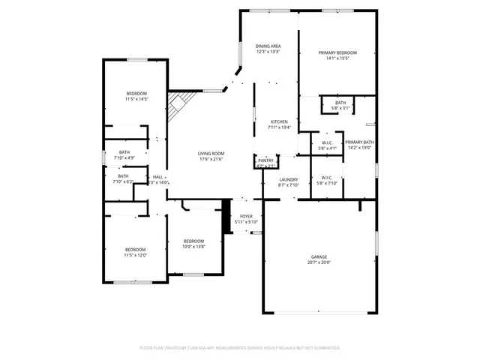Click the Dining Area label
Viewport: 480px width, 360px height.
[x=268, y=46]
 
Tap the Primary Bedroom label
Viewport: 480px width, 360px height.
[x=337, y=52]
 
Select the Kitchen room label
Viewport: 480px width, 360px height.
[x=279, y=121]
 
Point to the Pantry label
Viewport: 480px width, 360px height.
[x=266, y=160]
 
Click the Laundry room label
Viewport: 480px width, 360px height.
[x=289, y=179]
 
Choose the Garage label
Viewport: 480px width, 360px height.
[x=319, y=256]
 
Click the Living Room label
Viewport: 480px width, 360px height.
[x=211, y=154]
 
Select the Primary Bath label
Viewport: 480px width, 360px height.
[x=359, y=142]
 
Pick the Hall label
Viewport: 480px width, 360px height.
[x=157, y=177]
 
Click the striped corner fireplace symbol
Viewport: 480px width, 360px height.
[x=178, y=105]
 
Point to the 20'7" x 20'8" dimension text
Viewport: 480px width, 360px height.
[x=319, y=262]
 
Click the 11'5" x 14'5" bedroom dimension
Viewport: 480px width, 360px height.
[x=136, y=99]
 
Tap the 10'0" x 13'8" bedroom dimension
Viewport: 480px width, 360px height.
[x=193, y=246]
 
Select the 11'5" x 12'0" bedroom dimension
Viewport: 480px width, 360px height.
[x=135, y=255]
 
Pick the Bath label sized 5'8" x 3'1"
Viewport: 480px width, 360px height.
[x=340, y=103]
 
